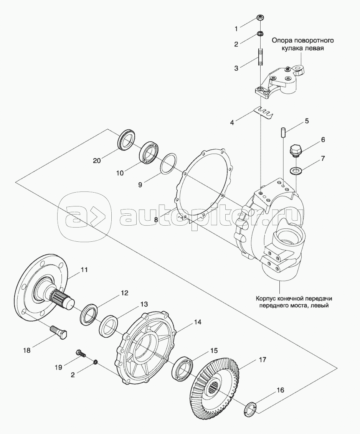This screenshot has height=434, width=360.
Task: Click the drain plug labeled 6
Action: pos(296,150)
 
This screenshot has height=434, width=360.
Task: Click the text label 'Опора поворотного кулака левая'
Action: pos(303,45)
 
